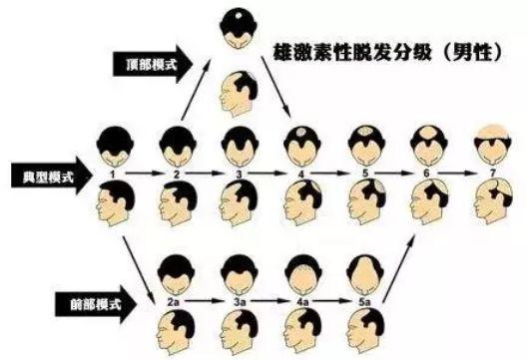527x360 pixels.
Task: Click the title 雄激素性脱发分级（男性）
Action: point(384,54)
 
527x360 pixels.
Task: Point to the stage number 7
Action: point(490,173)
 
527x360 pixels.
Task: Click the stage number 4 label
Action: point(301,173)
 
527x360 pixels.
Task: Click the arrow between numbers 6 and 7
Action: point(457,173)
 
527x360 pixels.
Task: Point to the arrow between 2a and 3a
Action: point(207,297)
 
